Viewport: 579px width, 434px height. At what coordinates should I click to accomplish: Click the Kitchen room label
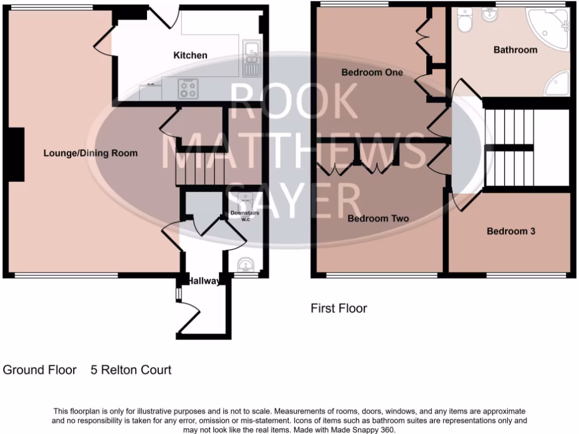(190, 55)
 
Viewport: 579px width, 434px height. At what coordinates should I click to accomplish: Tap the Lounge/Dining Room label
(90, 153)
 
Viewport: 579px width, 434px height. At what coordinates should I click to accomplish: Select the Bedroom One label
(372, 72)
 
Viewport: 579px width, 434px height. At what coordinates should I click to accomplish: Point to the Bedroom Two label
(378, 219)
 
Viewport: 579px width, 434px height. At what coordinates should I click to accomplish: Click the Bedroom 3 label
(511, 231)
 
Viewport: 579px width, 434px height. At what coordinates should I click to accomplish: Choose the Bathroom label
(515, 50)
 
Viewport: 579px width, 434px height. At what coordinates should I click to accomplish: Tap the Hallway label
(204, 281)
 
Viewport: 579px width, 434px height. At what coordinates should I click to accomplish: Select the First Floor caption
(339, 309)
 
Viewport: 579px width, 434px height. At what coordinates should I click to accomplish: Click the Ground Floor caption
(40, 370)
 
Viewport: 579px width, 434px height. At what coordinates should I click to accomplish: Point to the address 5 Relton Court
(131, 370)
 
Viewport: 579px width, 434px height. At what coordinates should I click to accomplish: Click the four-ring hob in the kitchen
(189, 89)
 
